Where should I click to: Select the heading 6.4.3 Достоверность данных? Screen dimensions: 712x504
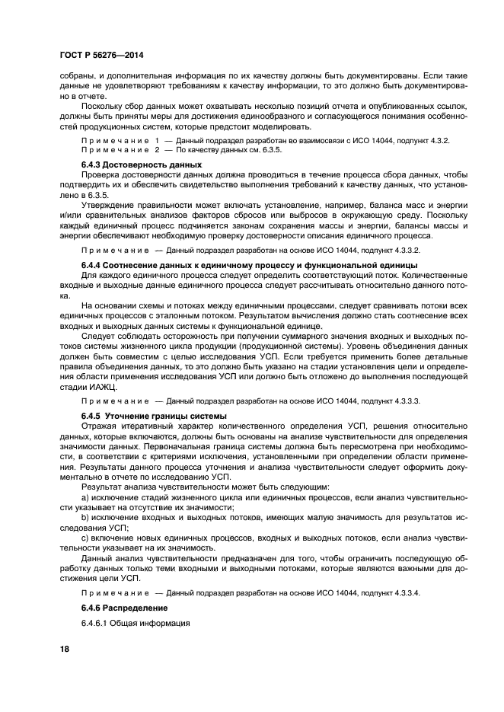[130, 164]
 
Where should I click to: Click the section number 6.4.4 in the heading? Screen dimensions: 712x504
[93, 264]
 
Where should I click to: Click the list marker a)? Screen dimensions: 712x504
[85, 496]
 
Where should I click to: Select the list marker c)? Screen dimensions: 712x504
[85, 538]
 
